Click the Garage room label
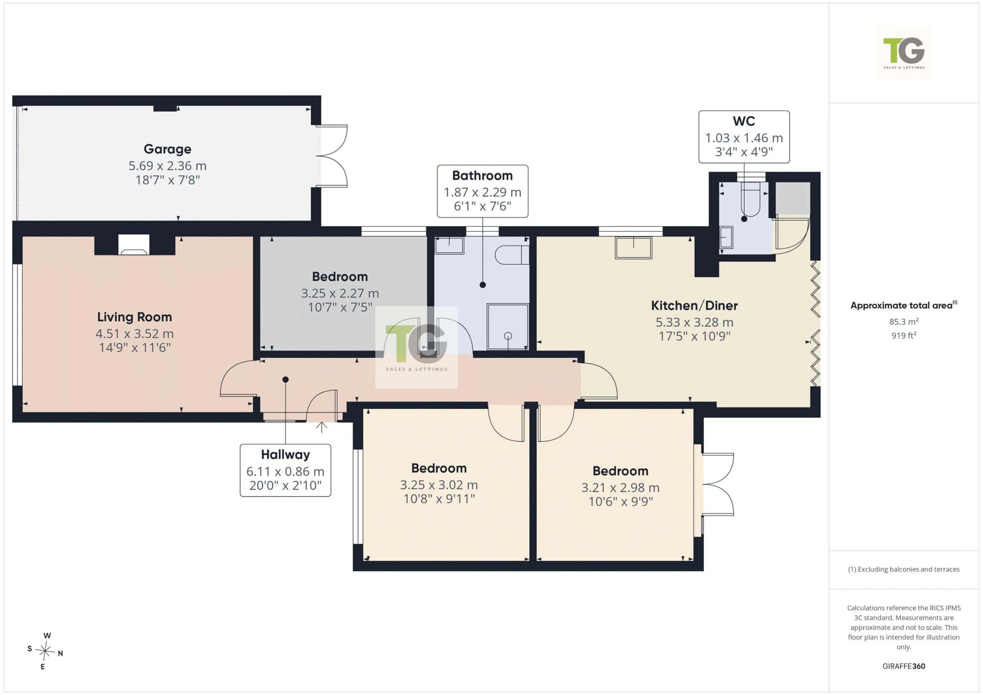pyautogui.click(x=167, y=149)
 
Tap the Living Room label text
pyautogui.click(x=134, y=317)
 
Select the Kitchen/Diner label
pyautogui.click(x=694, y=306)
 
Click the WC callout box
pyautogui.click(x=744, y=137)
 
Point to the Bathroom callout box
pyautogui.click(x=483, y=191)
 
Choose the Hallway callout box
pyautogui.click(x=285, y=470)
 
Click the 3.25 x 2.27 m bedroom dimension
pyautogui.click(x=340, y=293)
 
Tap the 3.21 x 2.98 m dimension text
pyautogui.click(x=620, y=488)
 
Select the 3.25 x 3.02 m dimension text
pyautogui.click(x=439, y=485)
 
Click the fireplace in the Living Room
pyautogui.click(x=134, y=245)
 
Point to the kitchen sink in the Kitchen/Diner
pyautogui.click(x=634, y=248)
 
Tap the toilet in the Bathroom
pyautogui.click(x=512, y=255)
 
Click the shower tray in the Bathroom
pyautogui.click(x=508, y=327)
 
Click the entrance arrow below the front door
pyautogui.click(x=321, y=427)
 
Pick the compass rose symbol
pyautogui.click(x=45, y=651)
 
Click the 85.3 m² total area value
pyautogui.click(x=903, y=322)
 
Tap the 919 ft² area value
pyautogui.click(x=903, y=335)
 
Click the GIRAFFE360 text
pyautogui.click(x=903, y=666)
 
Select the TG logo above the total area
pyautogui.click(x=903, y=52)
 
